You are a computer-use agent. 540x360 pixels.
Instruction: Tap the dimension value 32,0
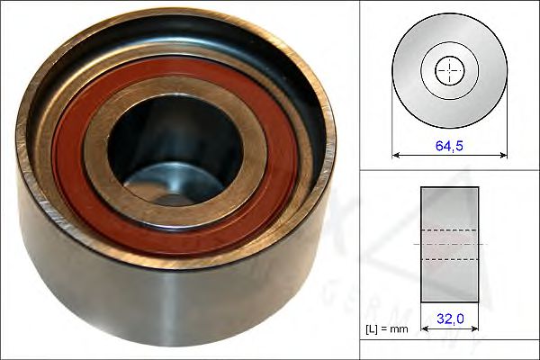pos(449,317)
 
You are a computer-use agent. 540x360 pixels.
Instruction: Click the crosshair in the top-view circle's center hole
pos(448,69)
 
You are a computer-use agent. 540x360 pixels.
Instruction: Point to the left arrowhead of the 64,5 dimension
pos(396,153)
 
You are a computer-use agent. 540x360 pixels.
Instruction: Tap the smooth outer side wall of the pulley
pos(180,297)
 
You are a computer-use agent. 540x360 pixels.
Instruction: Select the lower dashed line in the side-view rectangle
pos(449,259)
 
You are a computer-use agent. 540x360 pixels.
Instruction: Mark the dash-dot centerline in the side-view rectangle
pos(449,244)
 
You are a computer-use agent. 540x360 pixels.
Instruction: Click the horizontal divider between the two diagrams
pos(449,171)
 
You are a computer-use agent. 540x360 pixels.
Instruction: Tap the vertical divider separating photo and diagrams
pos(360,180)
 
